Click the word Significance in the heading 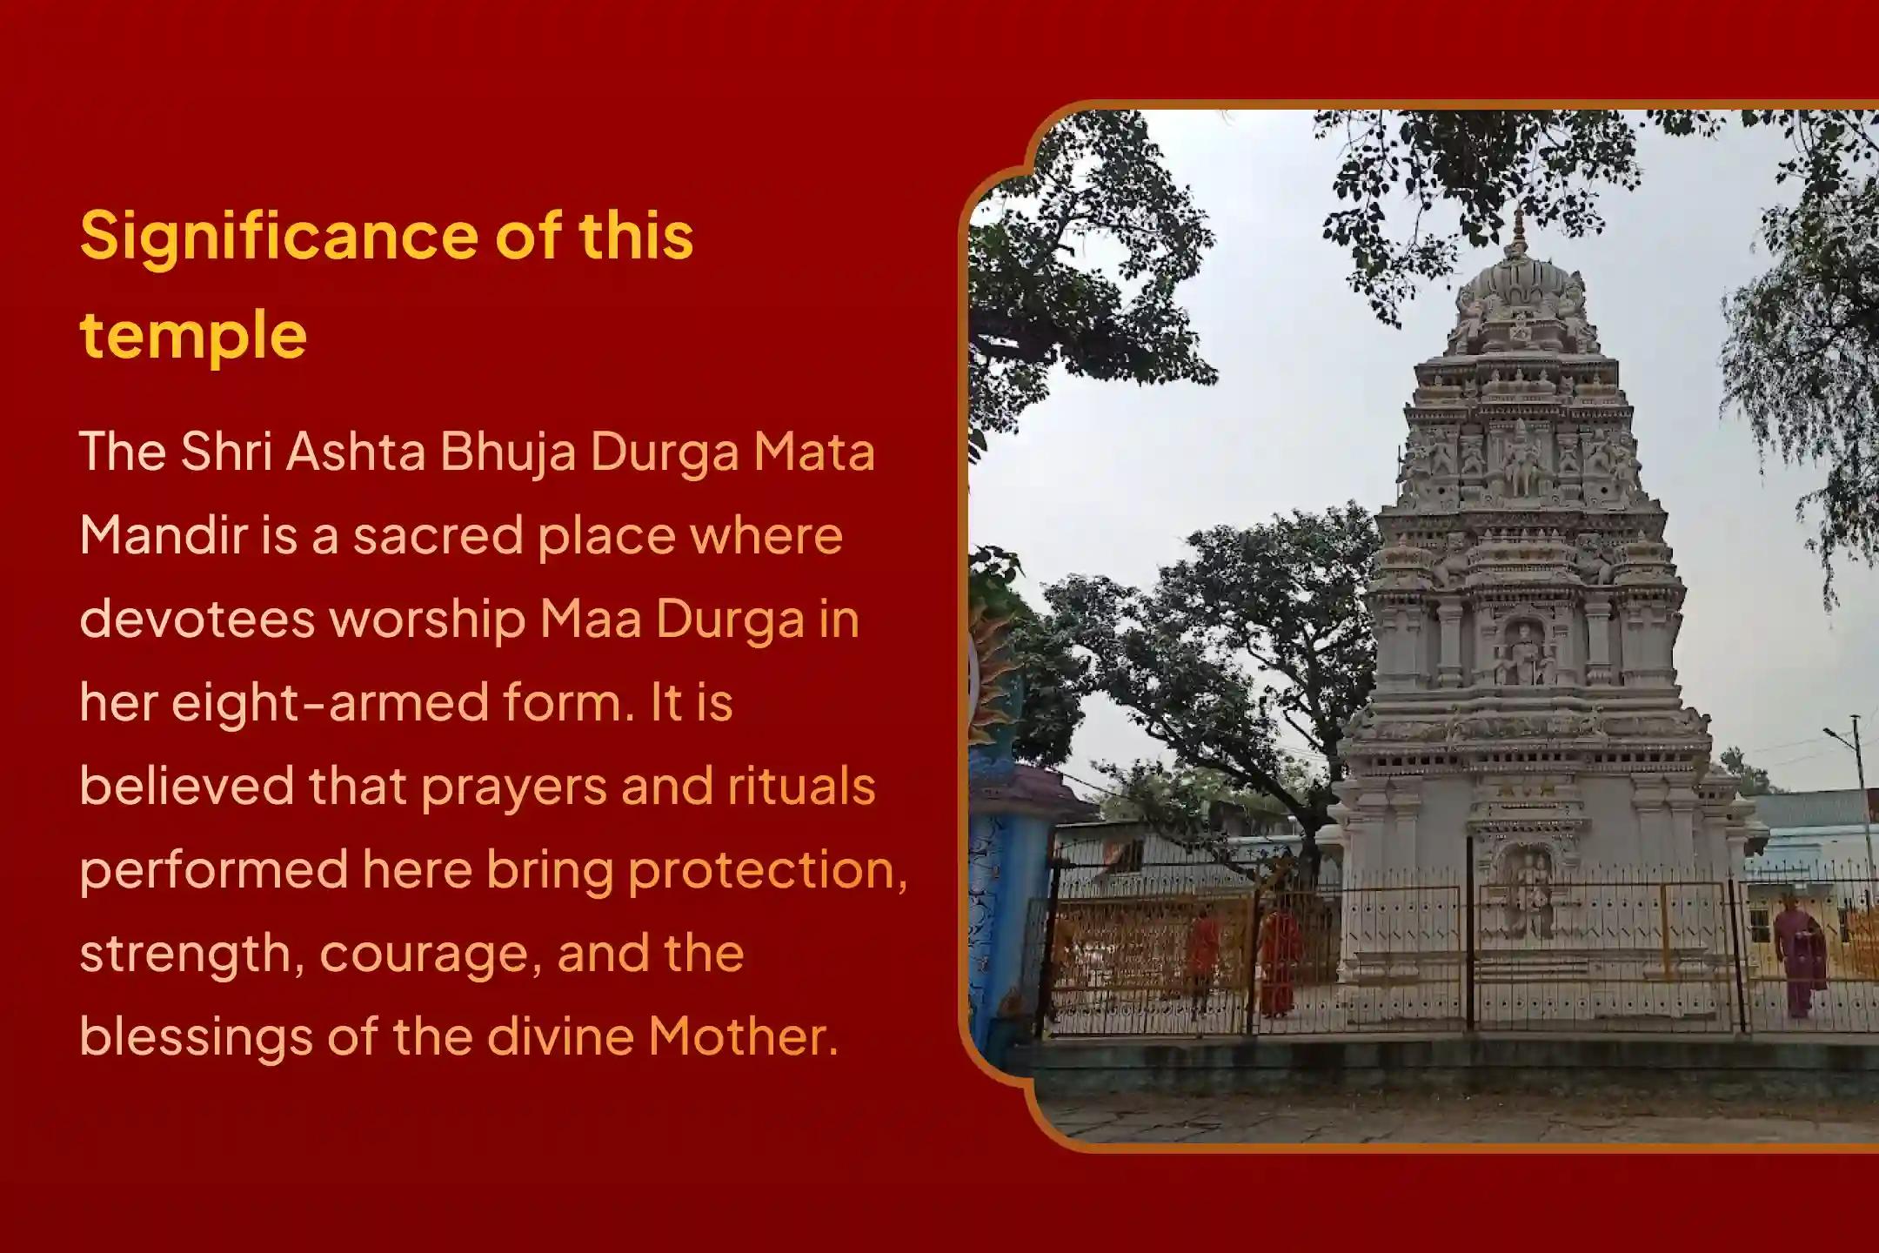pyautogui.click(x=278, y=238)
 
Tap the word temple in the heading pyautogui.click(x=193, y=336)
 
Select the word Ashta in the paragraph pyautogui.click(x=355, y=452)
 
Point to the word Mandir pyautogui.click(x=164, y=535)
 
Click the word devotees pyautogui.click(x=197, y=620)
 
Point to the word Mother pyautogui.click(x=742, y=1037)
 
